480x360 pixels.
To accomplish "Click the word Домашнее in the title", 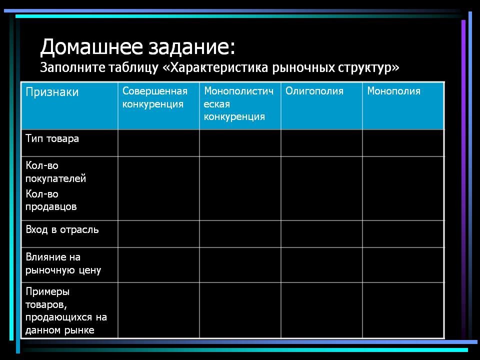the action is [x=91, y=47].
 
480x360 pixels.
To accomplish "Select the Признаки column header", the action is [x=52, y=92].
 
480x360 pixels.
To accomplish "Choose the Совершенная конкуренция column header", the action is [x=155, y=97].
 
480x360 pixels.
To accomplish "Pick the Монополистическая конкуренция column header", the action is [x=239, y=103].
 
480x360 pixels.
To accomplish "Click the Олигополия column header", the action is [x=314, y=91].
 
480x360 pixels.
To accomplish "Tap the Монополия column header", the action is [x=393, y=91].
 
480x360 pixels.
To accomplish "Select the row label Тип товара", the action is [x=52, y=138].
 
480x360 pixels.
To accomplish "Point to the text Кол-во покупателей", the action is [x=55, y=172].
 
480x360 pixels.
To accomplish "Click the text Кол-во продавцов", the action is [x=51, y=200].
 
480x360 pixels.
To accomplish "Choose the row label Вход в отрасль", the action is [x=62, y=229].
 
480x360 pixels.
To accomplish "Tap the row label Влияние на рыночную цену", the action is [x=63, y=263].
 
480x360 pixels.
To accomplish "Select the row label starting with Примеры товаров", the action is [x=66, y=310].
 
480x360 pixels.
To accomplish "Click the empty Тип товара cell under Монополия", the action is [x=403, y=143].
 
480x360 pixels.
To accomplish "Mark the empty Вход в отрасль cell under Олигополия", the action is [x=321, y=234].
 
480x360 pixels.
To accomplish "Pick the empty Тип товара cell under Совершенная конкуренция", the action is [x=158, y=143].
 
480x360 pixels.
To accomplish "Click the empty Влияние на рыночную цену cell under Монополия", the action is [x=403, y=265].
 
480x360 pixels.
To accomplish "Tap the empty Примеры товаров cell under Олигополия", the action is [x=321, y=310].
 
